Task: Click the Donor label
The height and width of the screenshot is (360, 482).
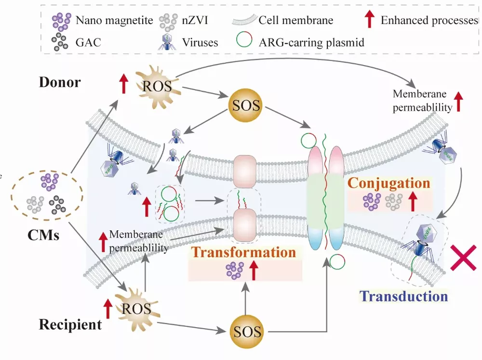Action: coord(60,82)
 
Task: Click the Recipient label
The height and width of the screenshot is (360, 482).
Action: coord(70,324)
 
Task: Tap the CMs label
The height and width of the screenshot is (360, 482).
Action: coord(43,235)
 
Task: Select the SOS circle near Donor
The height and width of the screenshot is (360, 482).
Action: coord(247,105)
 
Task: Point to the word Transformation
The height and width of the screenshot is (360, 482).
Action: coord(243,252)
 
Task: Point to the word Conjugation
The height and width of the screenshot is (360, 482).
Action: coord(388,183)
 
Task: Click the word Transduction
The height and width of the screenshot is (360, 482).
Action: coord(404,295)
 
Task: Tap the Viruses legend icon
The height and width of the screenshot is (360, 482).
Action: coord(168,42)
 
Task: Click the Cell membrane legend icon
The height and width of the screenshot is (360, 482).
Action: coord(244,20)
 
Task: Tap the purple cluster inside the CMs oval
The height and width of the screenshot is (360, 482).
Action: coord(50,181)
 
